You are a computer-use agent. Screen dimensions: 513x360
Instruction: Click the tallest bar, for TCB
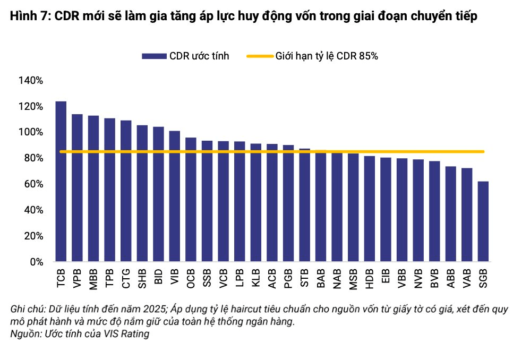[61, 182]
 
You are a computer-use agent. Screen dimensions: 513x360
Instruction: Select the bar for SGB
[483, 221]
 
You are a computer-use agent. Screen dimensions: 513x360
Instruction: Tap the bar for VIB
[175, 196]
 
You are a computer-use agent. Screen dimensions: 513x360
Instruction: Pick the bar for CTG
[126, 191]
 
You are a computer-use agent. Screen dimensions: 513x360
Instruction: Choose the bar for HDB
[370, 209]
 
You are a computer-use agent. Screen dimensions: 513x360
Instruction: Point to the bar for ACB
[272, 203]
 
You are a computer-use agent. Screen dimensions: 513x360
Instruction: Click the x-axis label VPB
[77, 279]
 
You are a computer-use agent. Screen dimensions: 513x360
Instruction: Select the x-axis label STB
[305, 278]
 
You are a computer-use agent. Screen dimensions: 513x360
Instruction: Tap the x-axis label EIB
[386, 278]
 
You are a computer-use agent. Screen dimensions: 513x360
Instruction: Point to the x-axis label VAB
[467, 279]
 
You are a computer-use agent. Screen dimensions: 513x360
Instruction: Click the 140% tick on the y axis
[31, 80]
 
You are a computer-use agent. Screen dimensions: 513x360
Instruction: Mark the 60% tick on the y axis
[33, 184]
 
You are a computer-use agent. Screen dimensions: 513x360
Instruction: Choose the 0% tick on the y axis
[36, 262]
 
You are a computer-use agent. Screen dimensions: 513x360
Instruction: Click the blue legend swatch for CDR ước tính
[154, 56]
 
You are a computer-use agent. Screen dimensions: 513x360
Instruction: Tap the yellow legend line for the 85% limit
[260, 56]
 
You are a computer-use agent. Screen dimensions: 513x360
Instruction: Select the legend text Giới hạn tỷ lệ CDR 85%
[327, 56]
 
